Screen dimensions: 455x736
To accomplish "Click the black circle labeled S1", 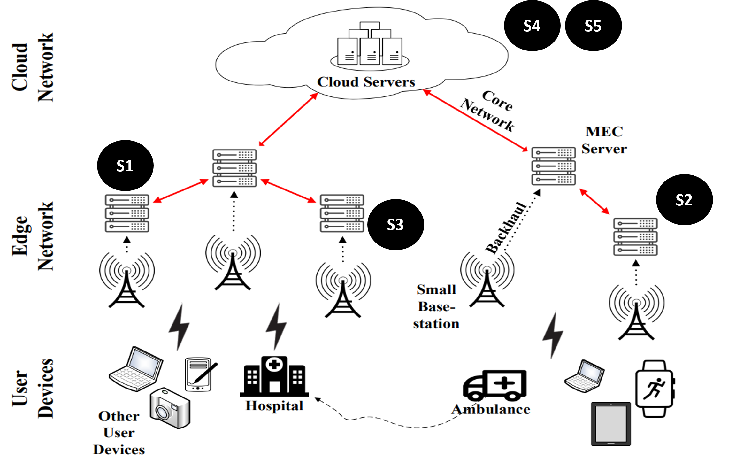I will [x=125, y=166].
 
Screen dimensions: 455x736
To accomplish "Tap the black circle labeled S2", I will [x=684, y=200].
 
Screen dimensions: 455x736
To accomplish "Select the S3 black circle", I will [x=395, y=225].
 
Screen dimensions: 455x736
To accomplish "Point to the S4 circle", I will [x=532, y=26].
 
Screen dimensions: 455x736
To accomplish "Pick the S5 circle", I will [x=593, y=26].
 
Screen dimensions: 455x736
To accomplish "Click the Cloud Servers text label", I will [x=366, y=82].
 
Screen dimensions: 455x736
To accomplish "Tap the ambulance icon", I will [x=494, y=386].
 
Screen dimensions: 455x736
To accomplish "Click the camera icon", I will [x=170, y=408].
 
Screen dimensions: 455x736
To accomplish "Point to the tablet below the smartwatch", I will [x=611, y=424].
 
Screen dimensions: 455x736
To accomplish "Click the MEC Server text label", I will [x=604, y=140].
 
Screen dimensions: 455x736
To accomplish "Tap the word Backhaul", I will [x=505, y=228].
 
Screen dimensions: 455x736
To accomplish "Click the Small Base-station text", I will [x=436, y=307].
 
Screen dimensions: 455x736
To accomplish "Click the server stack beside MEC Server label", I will [x=554, y=166].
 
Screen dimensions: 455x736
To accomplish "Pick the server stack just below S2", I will [x=635, y=237].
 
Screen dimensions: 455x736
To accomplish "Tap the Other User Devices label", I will [x=119, y=433].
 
